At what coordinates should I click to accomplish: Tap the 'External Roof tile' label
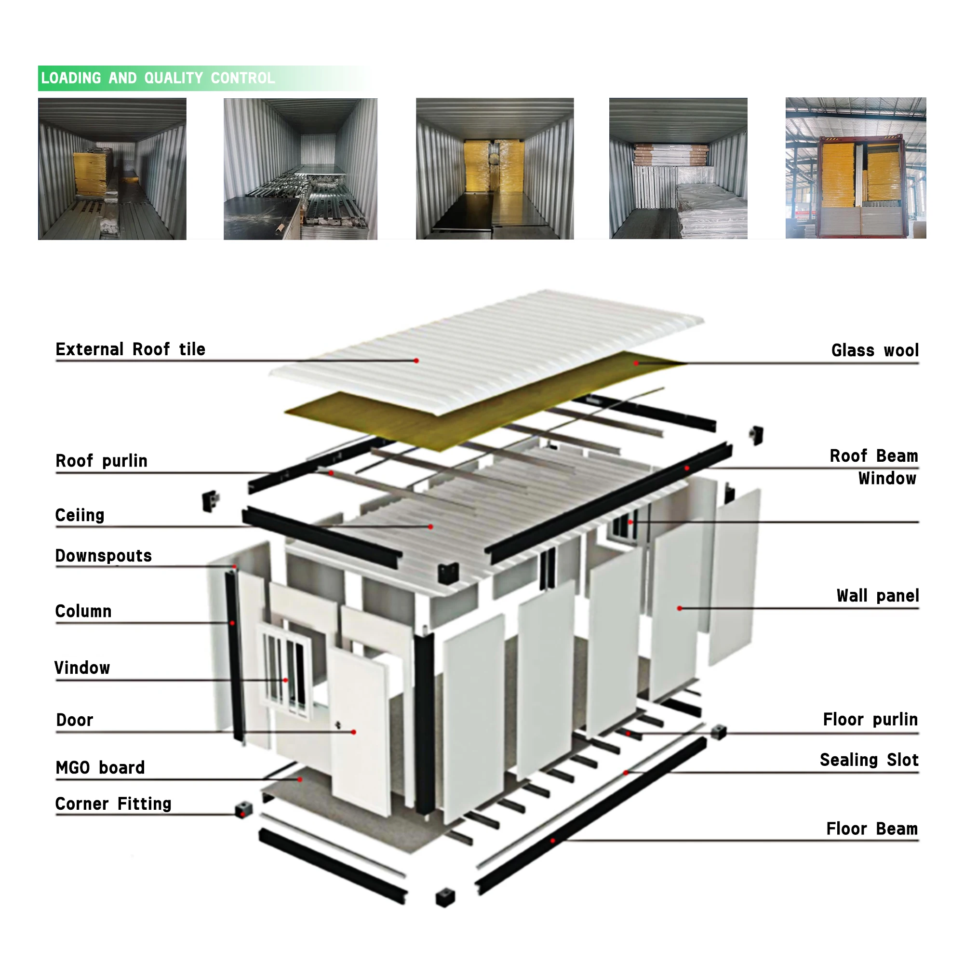pyautogui.click(x=130, y=349)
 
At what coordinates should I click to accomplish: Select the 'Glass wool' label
pyautogui.click(x=874, y=350)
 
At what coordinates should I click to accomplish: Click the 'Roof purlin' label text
pyautogui.click(x=101, y=460)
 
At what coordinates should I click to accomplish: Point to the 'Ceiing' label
pyautogui.click(x=80, y=515)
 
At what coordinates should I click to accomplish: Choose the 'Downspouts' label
pyautogui.click(x=103, y=556)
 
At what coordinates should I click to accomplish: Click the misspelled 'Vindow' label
pyautogui.click(x=82, y=668)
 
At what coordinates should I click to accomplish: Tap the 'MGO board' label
pyautogui.click(x=100, y=767)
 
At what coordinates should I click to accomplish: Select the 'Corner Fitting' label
pyautogui.click(x=113, y=804)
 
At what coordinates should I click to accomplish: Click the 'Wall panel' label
pyautogui.click(x=877, y=596)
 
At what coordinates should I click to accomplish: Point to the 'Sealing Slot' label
pyautogui.click(x=869, y=760)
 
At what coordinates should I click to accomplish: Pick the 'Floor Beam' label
pyautogui.click(x=871, y=829)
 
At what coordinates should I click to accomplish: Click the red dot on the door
pyautogui.click(x=353, y=732)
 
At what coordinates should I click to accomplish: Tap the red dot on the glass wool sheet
pyautogui.click(x=636, y=363)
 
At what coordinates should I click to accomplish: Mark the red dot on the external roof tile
pyautogui.click(x=416, y=360)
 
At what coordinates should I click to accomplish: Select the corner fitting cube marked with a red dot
pyautogui.click(x=243, y=809)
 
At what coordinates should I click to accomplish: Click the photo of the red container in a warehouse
pyautogui.click(x=855, y=168)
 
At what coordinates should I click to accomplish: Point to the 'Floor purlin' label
pyautogui.click(x=870, y=720)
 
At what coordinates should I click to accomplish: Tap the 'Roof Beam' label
pyautogui.click(x=873, y=456)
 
